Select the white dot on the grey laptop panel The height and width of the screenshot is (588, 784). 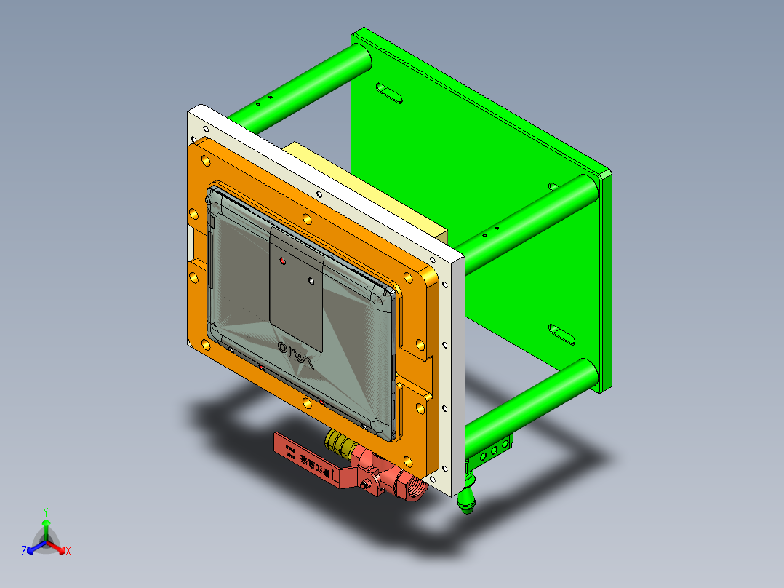point(311,279)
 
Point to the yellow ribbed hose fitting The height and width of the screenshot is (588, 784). point(338,441)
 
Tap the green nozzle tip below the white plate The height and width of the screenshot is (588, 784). point(465,501)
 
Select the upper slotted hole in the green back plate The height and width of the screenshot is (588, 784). point(390,93)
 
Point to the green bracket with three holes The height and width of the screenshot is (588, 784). point(495,450)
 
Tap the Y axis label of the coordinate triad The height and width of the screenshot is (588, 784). point(46,511)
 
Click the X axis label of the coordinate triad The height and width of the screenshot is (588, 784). point(68,551)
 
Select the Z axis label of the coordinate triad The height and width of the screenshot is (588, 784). point(24,551)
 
